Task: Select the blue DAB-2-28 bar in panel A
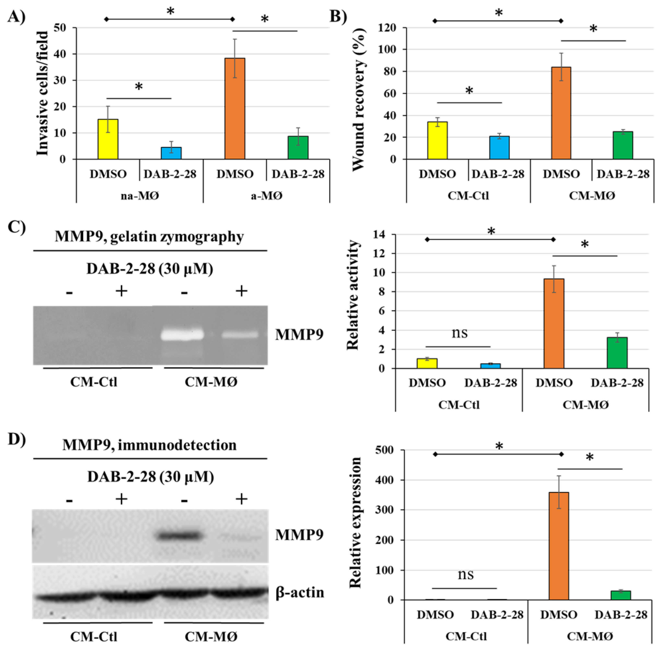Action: coord(171,153)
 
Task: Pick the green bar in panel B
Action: coord(623,145)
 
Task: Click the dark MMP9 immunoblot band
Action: coord(178,535)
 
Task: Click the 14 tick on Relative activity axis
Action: coord(379,234)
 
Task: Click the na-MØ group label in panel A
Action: coord(140,196)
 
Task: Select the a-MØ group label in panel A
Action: coord(266,196)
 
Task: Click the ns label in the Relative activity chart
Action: coord(460,332)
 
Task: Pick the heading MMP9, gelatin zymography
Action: coord(149,237)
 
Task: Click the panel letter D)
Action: coord(17,440)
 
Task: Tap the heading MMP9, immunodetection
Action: coord(149,445)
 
